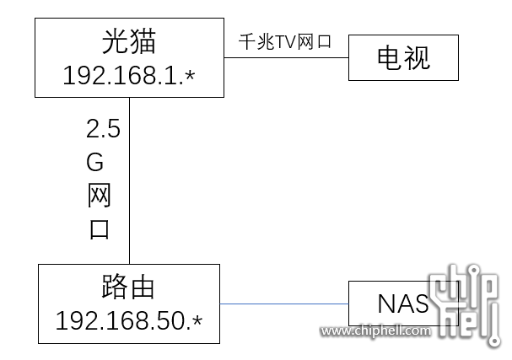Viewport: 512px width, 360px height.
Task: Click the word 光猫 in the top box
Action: click(129, 43)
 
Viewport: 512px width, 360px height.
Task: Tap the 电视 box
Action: click(403, 57)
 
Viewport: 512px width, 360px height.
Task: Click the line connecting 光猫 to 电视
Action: click(286, 57)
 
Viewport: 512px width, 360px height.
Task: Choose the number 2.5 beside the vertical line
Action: click(103, 129)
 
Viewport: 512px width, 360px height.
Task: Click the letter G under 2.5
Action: click(100, 162)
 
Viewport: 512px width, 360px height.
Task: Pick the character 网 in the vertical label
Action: click(100, 196)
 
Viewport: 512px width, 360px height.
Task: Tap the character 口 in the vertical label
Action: click(100, 228)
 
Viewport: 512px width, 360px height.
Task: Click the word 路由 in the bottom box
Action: click(129, 289)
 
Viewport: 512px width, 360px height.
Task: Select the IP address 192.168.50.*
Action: click(129, 321)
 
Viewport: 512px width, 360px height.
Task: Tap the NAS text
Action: click(397, 304)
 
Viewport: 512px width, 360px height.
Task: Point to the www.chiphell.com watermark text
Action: click(375, 331)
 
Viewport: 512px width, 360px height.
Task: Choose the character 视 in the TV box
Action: click(417, 57)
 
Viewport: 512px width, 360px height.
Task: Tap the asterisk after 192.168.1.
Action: click(189, 77)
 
